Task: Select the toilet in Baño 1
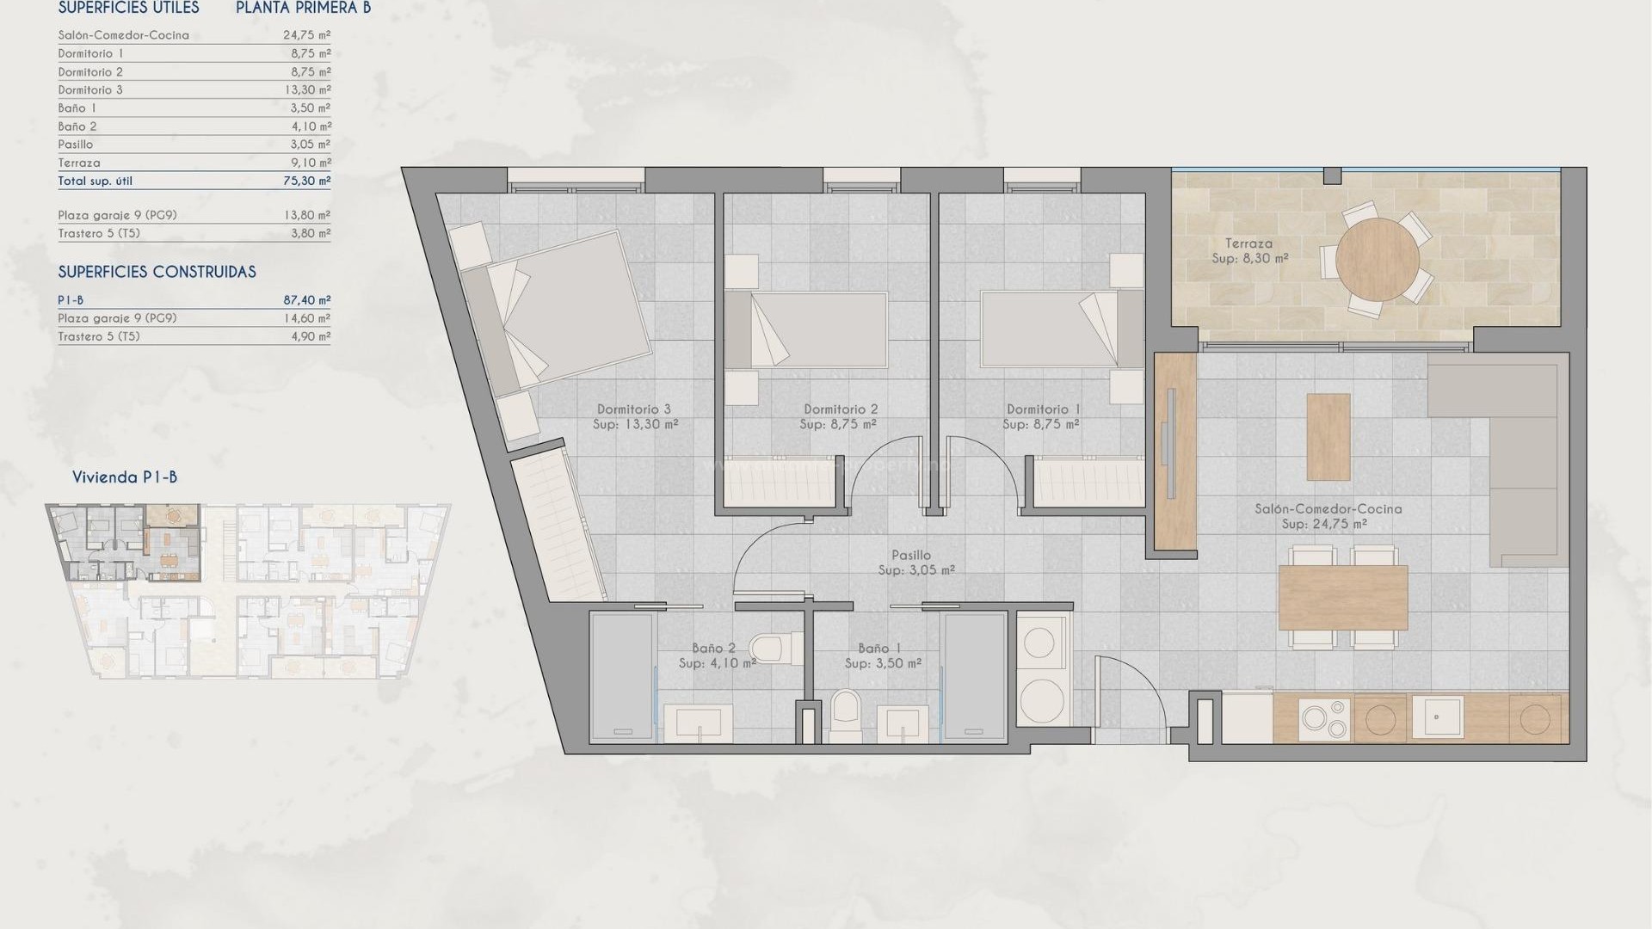846,716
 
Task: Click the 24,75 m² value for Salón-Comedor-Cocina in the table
307,35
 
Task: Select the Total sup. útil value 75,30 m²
307,181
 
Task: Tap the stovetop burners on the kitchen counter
1324,720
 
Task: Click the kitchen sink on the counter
1436,717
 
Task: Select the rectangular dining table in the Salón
1342,597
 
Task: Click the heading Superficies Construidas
157,272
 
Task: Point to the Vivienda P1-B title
125,477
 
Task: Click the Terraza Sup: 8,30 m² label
1249,250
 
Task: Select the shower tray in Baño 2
622,676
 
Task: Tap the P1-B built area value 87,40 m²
307,300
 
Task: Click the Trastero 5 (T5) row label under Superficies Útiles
99,233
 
